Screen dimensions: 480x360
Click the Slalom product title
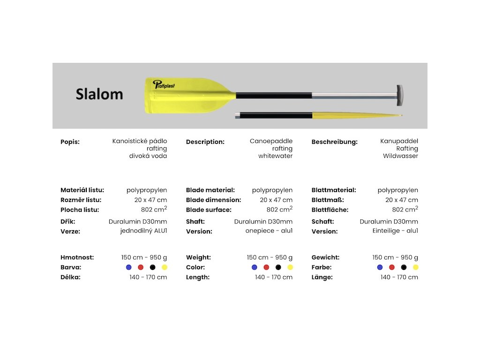point(99,94)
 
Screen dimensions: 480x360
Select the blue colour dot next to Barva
point(129,267)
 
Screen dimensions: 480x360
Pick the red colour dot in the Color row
point(266,267)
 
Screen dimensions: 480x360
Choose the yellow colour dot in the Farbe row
point(415,267)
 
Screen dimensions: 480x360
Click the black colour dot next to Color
point(278,267)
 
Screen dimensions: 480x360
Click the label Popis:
point(70,142)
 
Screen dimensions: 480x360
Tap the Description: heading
point(205,142)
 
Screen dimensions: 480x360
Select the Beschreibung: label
point(334,142)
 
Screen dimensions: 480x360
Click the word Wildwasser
point(400,156)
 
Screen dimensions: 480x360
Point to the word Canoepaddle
point(271,141)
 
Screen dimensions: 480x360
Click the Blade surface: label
point(209,210)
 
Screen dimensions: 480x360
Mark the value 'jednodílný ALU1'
point(143,231)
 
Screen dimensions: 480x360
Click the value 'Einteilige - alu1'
point(395,231)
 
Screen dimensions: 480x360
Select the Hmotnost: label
point(77,257)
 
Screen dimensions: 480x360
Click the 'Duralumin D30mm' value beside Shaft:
point(263,221)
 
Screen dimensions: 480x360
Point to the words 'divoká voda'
point(148,156)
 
